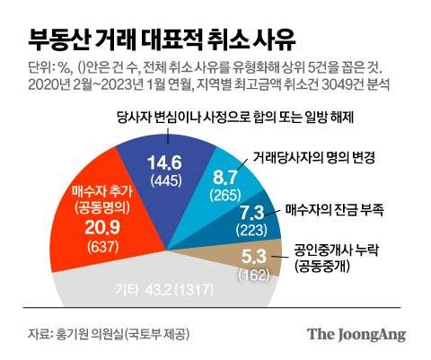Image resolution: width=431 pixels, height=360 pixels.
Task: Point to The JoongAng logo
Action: coord(356,334)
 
